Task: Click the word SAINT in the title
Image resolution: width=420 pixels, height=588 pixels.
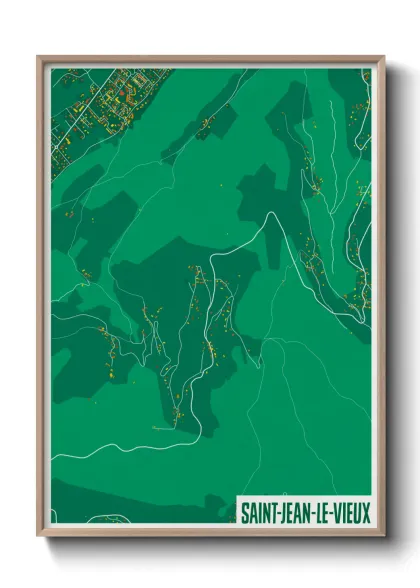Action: point(258,511)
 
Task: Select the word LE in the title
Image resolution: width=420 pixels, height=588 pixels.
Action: point(324,511)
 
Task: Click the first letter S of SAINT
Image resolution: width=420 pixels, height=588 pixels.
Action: point(243,511)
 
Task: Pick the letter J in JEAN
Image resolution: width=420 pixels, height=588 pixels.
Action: point(282,511)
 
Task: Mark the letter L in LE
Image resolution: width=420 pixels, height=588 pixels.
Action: point(320,511)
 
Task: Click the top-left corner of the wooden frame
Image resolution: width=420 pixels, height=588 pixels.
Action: point(39,57)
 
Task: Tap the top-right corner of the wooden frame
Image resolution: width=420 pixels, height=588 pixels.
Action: point(383,57)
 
